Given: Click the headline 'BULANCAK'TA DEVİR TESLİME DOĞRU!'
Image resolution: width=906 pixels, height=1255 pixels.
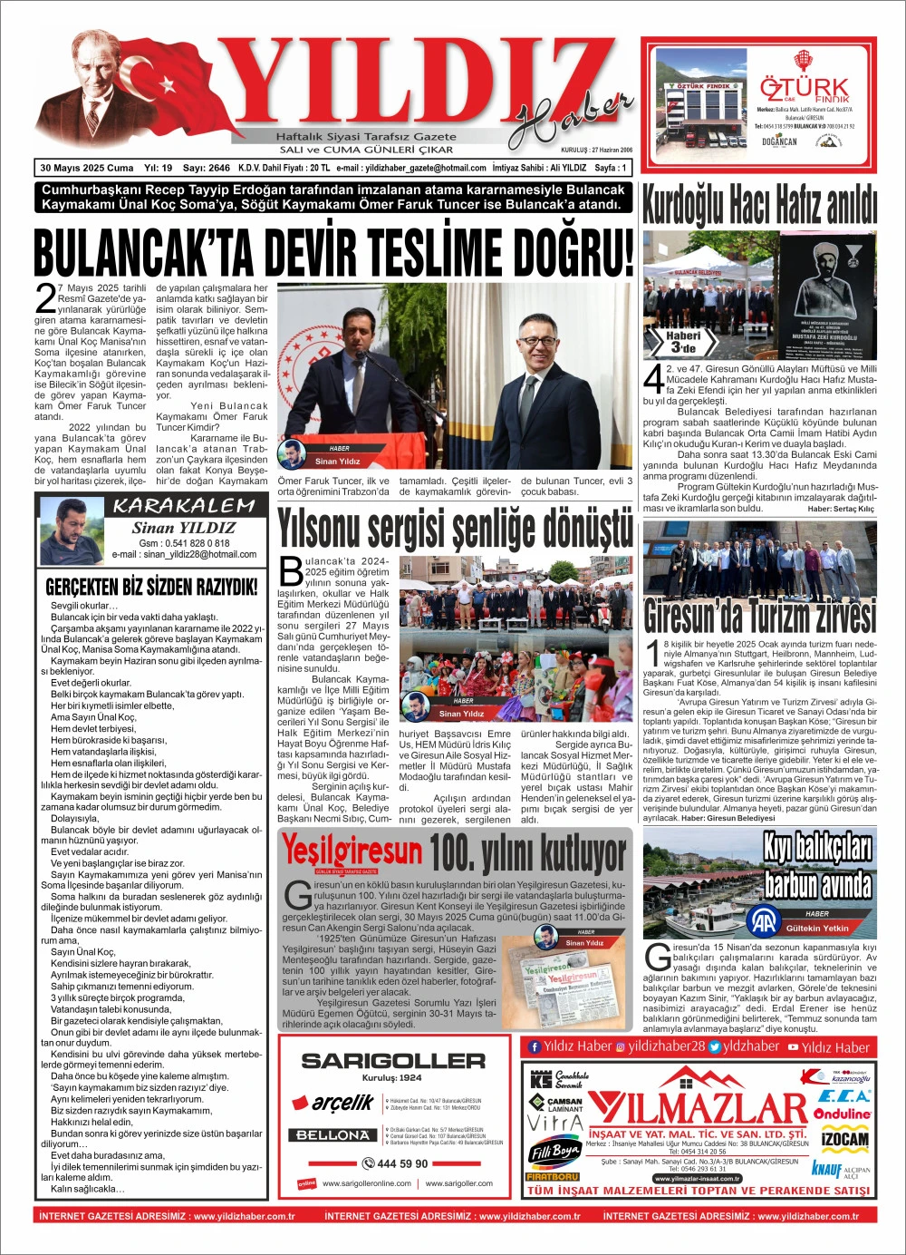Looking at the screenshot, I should tap(333, 252).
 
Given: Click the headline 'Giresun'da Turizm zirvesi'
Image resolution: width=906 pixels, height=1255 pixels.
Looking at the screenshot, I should tap(759, 616).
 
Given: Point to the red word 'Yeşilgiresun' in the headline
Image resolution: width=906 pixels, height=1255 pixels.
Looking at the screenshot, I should tap(352, 851).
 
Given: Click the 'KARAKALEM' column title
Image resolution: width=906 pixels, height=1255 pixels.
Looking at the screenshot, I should tap(184, 505).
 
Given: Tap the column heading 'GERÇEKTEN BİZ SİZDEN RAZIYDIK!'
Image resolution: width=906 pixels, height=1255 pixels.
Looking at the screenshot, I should tap(151, 587).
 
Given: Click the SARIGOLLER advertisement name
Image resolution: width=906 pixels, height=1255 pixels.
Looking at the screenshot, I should tap(393, 1060).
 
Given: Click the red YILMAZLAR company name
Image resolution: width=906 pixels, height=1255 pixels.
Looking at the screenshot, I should tap(697, 1108).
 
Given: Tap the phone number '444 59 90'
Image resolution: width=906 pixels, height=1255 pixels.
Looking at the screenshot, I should tap(395, 1163).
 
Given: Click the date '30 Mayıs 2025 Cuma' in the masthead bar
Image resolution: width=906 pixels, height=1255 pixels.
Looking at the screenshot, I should tap(87, 168).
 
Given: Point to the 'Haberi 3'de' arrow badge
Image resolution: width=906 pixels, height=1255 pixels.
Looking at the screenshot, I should tap(684, 341).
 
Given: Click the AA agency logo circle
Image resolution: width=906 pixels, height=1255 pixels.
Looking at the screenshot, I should tap(763, 922).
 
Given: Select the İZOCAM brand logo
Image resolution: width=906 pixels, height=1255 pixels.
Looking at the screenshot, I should tap(844, 1139).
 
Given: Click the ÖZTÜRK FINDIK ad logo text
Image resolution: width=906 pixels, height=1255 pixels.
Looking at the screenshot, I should tap(805, 89).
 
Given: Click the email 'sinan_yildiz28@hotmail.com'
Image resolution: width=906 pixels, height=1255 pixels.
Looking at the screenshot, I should tap(198, 554).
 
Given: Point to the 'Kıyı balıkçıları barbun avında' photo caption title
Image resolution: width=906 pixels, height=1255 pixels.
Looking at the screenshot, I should tap(817, 864).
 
